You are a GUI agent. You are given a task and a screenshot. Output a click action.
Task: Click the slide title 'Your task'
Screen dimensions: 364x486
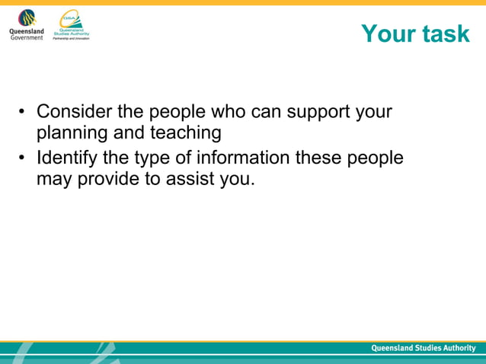pyautogui.click(x=414, y=34)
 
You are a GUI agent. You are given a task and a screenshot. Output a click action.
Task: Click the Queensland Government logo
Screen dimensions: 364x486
pyautogui.click(x=26, y=24)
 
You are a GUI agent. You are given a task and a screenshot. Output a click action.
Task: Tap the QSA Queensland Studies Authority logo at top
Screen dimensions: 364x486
pyautogui.click(x=71, y=24)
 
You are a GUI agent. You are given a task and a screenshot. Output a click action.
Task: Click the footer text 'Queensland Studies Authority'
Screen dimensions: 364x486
pyautogui.click(x=423, y=348)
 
